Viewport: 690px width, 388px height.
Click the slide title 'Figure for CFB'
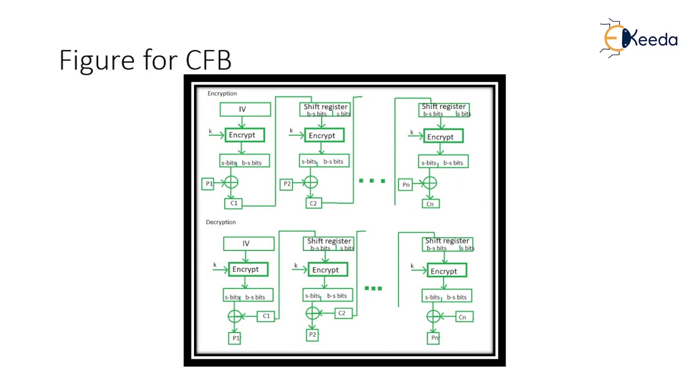click(x=145, y=60)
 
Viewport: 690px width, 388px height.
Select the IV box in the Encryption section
click(x=245, y=109)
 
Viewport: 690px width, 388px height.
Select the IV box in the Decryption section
click(x=249, y=244)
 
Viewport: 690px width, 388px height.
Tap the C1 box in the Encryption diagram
click(x=233, y=203)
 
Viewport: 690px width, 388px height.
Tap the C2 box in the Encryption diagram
click(x=313, y=203)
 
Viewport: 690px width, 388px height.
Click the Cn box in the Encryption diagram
click(x=430, y=204)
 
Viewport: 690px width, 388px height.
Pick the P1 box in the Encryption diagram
click(x=209, y=184)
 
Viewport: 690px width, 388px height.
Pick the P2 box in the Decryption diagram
click(x=313, y=335)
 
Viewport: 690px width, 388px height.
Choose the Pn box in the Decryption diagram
click(x=434, y=338)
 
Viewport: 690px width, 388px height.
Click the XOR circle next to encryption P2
click(x=310, y=183)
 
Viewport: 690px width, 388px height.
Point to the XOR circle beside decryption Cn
click(x=434, y=316)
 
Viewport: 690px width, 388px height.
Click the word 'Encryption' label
click(x=222, y=94)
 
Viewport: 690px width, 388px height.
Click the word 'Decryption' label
click(x=220, y=222)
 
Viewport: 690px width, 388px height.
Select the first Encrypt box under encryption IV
click(x=245, y=135)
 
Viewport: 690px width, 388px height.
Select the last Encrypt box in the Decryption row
click(x=446, y=271)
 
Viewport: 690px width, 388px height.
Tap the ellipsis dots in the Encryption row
click(x=372, y=181)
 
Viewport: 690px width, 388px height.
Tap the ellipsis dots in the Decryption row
click(x=373, y=288)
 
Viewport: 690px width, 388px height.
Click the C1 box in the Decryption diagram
click(x=266, y=316)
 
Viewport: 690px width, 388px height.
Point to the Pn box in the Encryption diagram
click(x=406, y=185)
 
